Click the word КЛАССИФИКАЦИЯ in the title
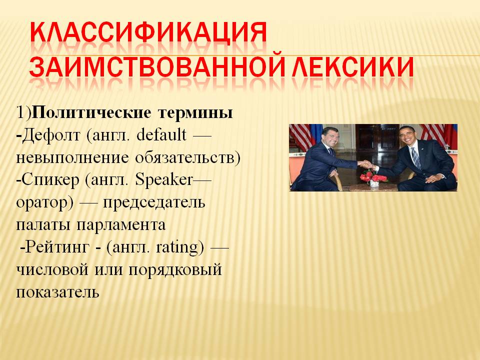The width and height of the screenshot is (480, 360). tap(148, 32)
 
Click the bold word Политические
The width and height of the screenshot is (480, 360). tap(91, 112)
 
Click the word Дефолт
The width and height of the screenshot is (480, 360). tap(51, 135)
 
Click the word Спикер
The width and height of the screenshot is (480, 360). tap(50, 180)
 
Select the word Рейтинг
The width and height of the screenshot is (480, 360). tap(56, 247)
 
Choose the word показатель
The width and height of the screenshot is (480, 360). tap(57, 292)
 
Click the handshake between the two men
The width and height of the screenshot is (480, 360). tap(366, 164)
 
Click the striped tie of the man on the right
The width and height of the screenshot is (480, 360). tap(416, 158)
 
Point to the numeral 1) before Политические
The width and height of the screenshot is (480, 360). tap(23, 112)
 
